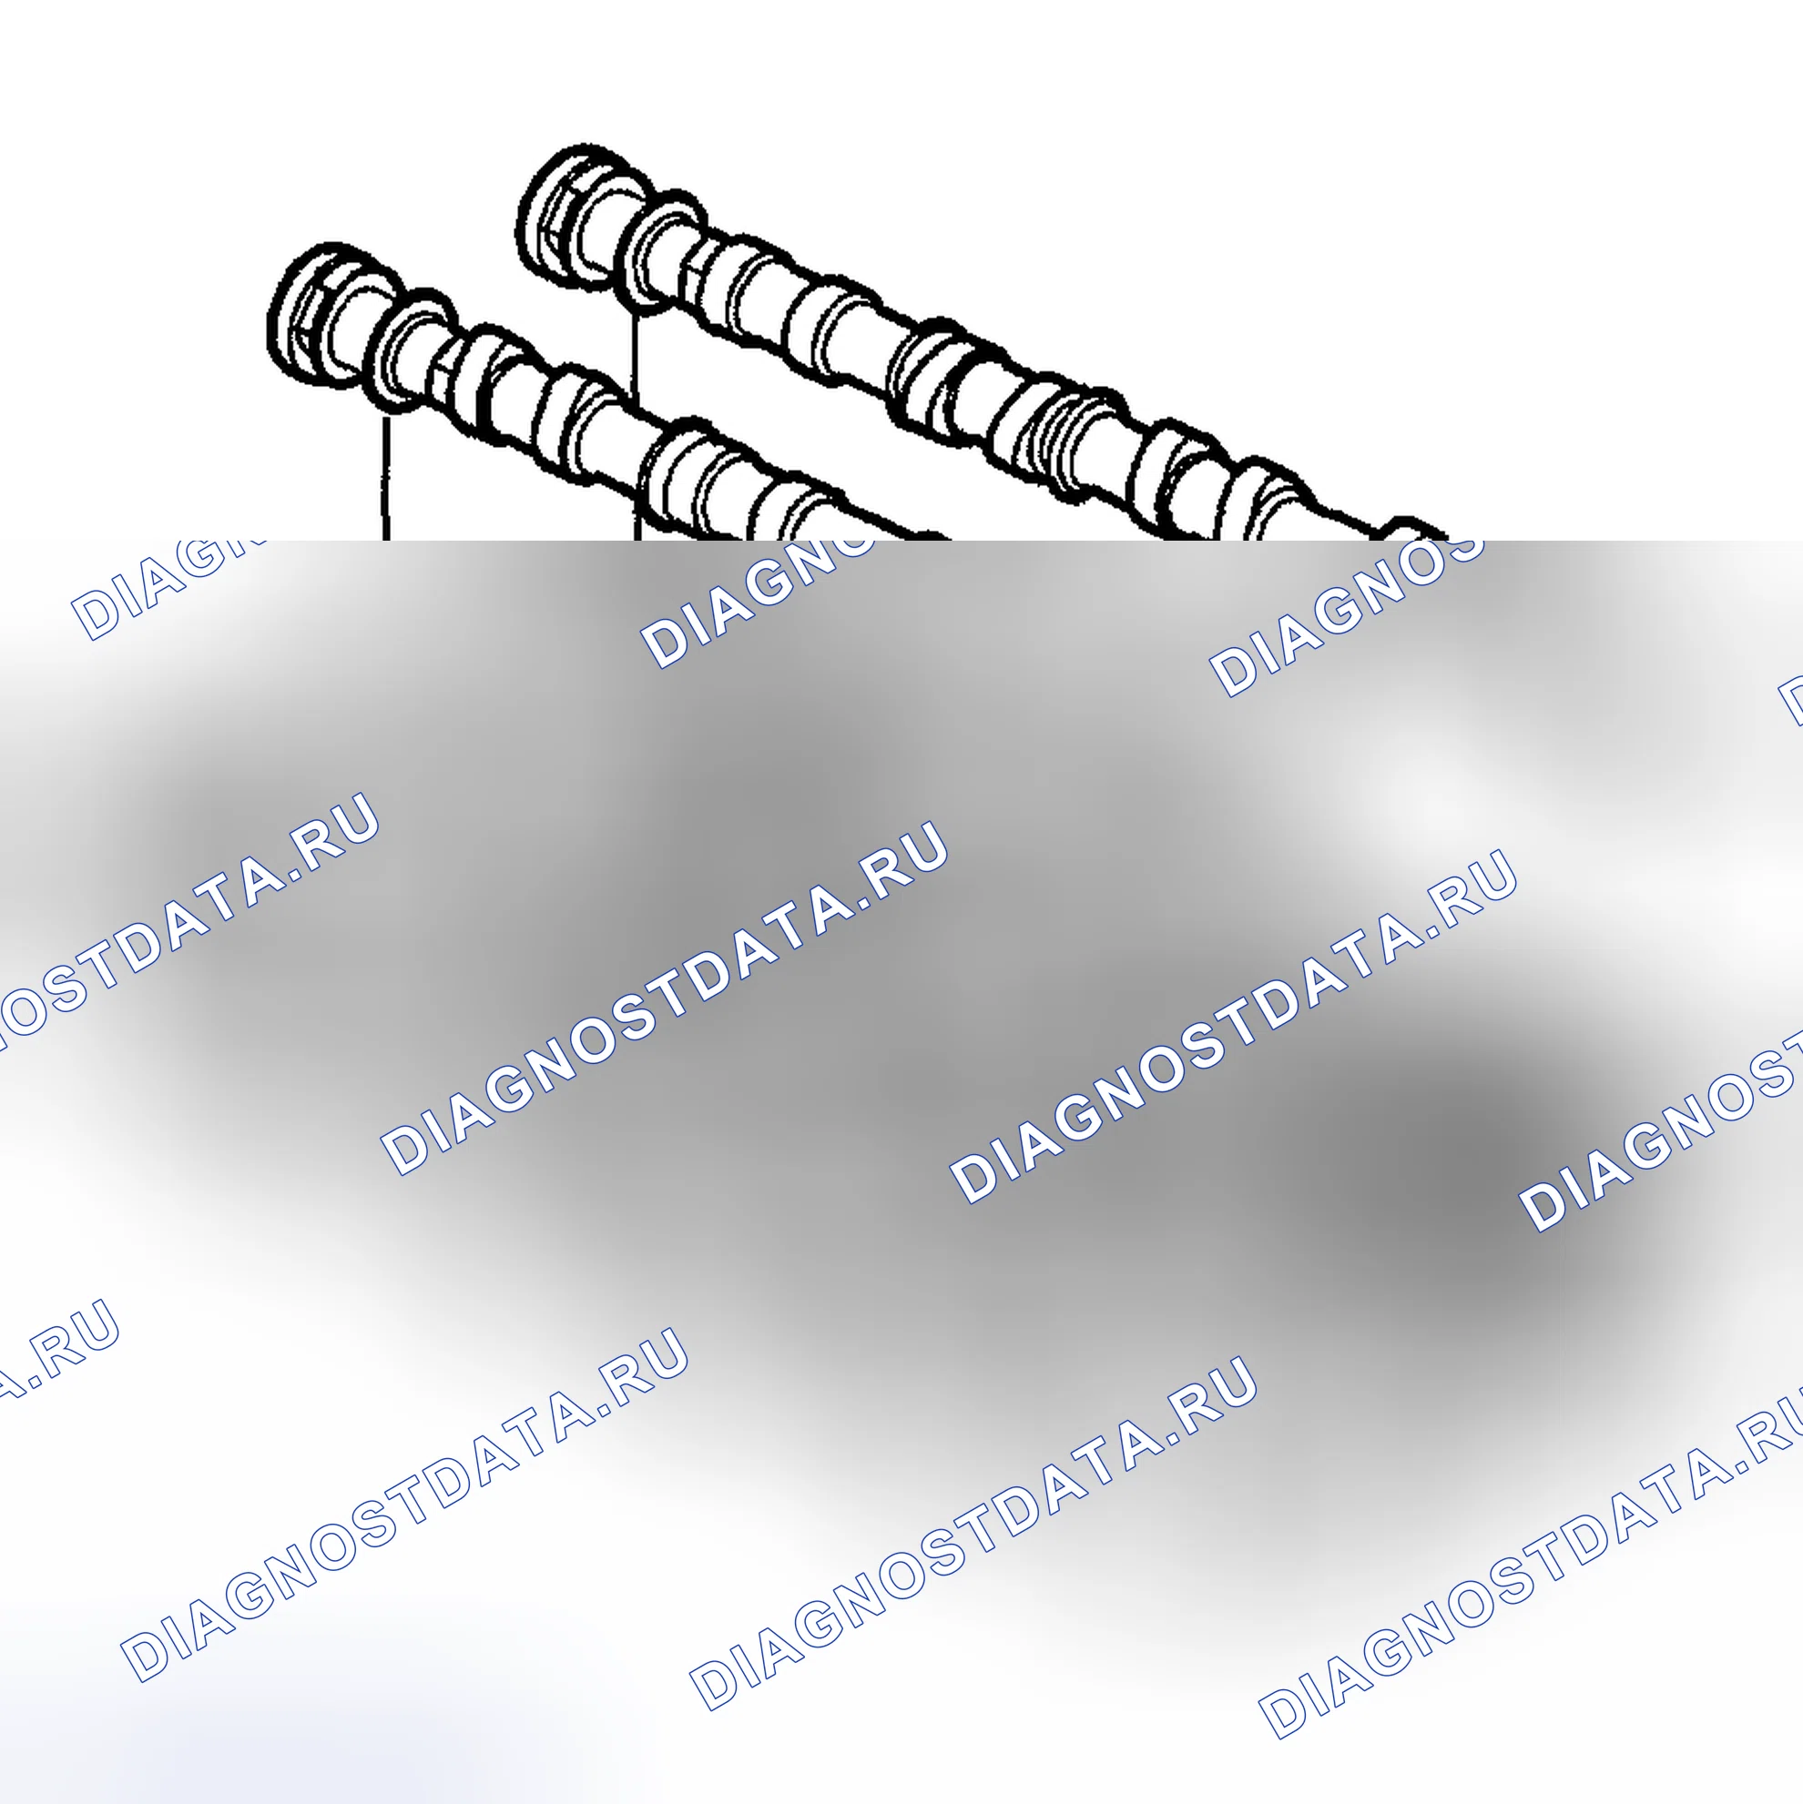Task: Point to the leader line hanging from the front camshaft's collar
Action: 384,478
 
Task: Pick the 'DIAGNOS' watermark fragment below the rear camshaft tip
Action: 1345,616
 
